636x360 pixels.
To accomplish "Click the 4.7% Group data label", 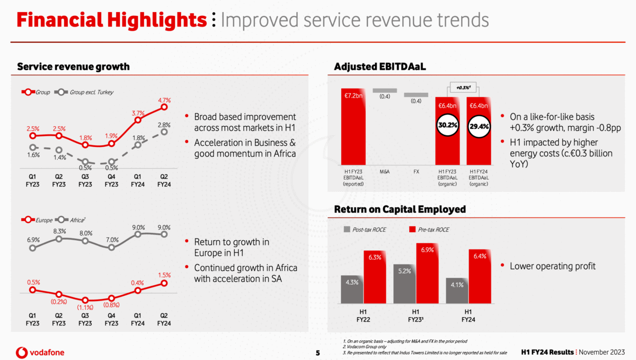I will [164, 100].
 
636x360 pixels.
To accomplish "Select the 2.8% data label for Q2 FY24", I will [164, 124].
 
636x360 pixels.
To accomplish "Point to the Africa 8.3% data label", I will [59, 231].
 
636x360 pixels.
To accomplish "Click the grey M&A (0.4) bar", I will [384, 91].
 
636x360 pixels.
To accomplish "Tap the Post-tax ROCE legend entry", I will [366, 230].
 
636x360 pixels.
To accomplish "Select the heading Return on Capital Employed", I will [400, 209].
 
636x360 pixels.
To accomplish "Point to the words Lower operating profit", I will [552, 266].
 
